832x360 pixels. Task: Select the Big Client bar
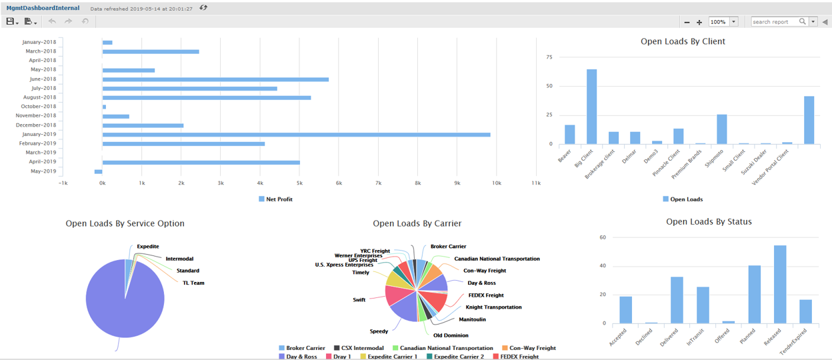click(x=591, y=107)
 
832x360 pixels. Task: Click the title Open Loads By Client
click(x=683, y=41)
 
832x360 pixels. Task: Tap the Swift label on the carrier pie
click(x=359, y=300)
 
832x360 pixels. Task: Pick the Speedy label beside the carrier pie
click(x=379, y=331)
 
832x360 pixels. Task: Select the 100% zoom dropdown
click(x=723, y=22)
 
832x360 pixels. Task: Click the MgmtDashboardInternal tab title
click(x=43, y=8)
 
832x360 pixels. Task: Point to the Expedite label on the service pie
click(x=148, y=247)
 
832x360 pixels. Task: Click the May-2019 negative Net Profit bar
click(x=98, y=171)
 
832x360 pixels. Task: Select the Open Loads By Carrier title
click(x=417, y=224)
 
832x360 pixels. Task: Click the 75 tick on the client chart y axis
click(x=549, y=57)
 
